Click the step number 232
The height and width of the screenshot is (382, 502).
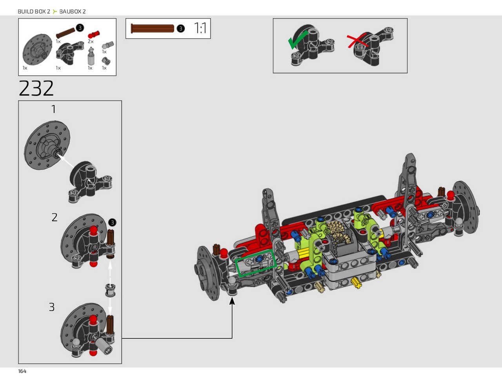36,88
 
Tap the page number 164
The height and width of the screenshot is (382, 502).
22,371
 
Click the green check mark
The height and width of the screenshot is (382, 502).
297,40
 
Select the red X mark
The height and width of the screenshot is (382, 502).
357,41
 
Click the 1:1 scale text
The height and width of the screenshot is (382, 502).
200,28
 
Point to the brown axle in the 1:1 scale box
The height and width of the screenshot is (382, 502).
152,29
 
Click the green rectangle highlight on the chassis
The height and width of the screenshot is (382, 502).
256,263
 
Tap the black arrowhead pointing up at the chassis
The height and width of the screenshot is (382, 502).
232,300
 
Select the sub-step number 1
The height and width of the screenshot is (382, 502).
53,109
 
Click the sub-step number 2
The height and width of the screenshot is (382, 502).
55,217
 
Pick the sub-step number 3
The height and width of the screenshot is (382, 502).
52,307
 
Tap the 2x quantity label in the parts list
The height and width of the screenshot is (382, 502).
91,42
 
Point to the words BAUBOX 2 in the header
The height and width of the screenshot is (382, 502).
73,11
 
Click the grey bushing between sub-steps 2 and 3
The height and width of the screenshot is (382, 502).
110,290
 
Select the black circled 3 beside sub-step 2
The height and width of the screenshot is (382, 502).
112,222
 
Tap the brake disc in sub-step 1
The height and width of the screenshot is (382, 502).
47,146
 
